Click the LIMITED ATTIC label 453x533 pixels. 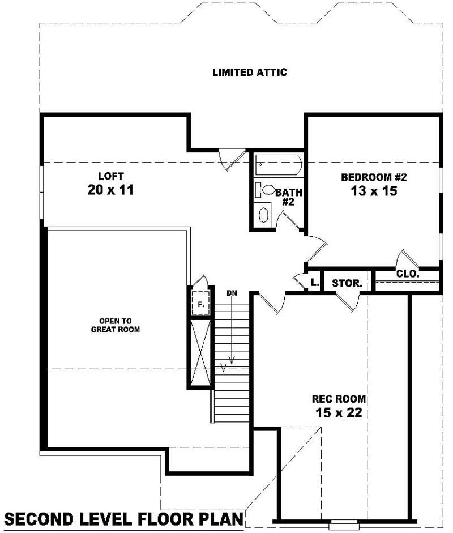pos(249,73)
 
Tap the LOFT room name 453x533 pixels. pos(110,176)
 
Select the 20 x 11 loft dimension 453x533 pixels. pos(110,190)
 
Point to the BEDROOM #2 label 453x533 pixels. pos(374,177)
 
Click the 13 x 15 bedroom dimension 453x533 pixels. pos(374,191)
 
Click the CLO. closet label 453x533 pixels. pos(407,274)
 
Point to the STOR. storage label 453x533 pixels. pos(347,283)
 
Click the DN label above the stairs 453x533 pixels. pos(232,293)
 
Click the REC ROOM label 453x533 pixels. pos(339,399)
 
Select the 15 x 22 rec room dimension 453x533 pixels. pos(339,413)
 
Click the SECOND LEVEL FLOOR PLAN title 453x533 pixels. pos(124,518)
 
